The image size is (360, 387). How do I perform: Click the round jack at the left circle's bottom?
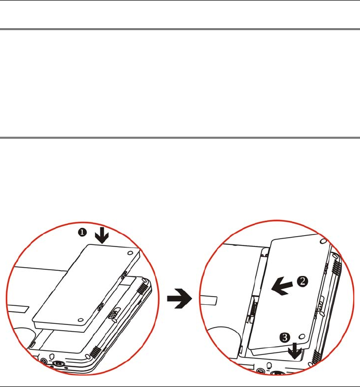pyautogui.click(x=58, y=363)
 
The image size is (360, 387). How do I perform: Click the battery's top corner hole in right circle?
pyautogui.click(x=323, y=241)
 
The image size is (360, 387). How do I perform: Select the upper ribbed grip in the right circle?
pyautogui.click(x=335, y=267)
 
